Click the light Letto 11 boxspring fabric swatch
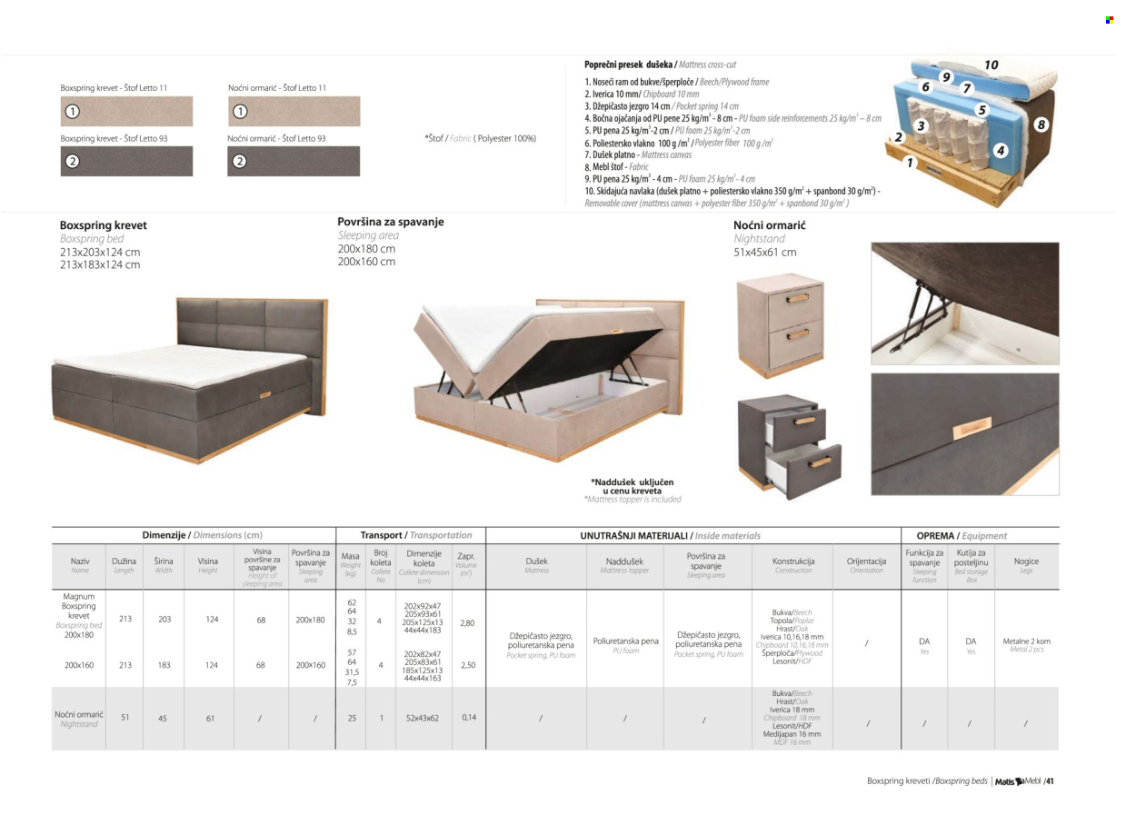pyautogui.click(x=126, y=112)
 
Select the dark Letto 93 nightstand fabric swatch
pyautogui.click(x=293, y=161)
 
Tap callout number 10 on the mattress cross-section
pyautogui.click(x=991, y=65)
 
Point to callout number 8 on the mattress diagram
pyautogui.click(x=1041, y=124)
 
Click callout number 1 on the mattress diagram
pyautogui.click(x=909, y=164)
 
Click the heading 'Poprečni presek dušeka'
pyautogui.click(x=627, y=65)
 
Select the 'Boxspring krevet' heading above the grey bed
pyautogui.click(x=103, y=225)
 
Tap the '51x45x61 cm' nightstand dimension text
pyautogui.click(x=764, y=253)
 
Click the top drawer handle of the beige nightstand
pyautogui.click(x=797, y=298)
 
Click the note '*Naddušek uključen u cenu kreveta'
pyautogui.click(x=633, y=486)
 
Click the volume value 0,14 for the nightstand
pyautogui.click(x=468, y=717)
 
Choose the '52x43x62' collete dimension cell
pyautogui.click(x=423, y=718)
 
